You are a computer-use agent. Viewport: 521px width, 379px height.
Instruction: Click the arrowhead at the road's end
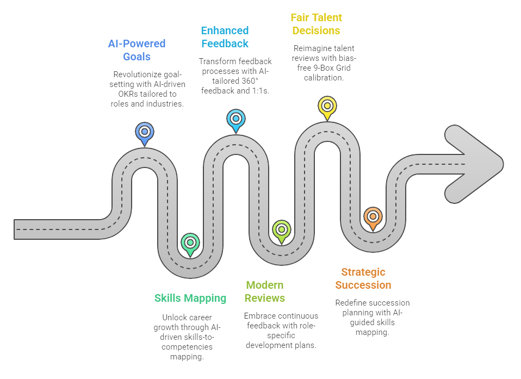(x=474, y=164)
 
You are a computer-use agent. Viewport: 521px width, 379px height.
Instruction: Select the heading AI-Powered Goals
(x=137, y=50)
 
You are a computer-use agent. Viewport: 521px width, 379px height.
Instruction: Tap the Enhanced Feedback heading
(x=225, y=37)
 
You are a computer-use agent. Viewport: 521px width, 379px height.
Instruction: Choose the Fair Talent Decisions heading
(x=317, y=24)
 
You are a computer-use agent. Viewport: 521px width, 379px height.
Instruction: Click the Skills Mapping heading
(x=190, y=298)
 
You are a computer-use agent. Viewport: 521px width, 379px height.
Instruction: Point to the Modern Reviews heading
(x=265, y=291)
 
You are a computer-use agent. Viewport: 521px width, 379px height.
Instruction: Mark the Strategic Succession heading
(x=363, y=278)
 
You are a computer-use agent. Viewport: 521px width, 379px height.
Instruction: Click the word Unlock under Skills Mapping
(x=173, y=317)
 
